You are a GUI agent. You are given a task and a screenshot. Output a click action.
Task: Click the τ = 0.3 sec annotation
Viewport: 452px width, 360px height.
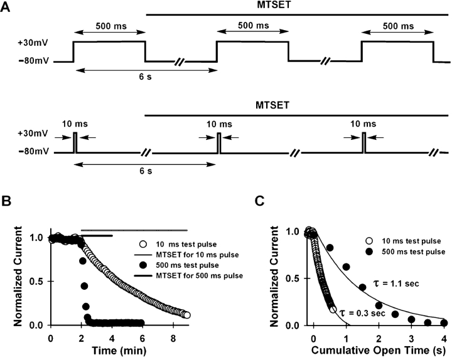tap(365, 312)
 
